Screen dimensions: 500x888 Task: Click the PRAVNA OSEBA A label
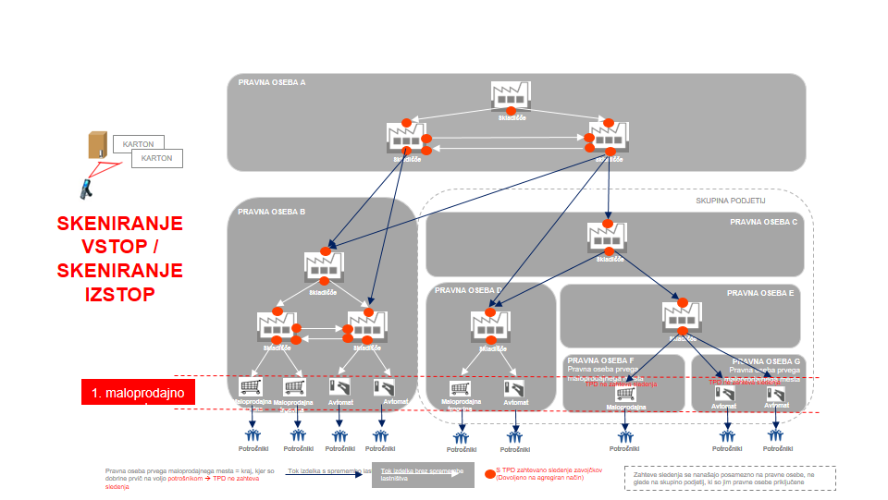(x=272, y=83)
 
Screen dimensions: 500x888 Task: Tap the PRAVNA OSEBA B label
(x=271, y=212)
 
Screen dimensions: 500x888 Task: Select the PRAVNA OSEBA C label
(x=763, y=222)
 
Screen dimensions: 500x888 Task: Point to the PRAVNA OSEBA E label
(x=760, y=293)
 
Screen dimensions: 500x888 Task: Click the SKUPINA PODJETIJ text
(x=731, y=200)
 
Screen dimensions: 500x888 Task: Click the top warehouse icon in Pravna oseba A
(x=509, y=97)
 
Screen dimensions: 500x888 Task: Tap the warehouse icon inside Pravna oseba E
(x=681, y=317)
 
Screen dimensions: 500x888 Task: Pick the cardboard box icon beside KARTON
(x=97, y=145)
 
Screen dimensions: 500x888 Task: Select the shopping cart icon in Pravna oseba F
(x=626, y=393)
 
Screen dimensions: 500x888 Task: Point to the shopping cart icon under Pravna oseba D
(x=460, y=389)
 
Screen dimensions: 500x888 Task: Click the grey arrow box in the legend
(x=421, y=474)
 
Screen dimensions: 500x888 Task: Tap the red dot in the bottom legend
(x=489, y=474)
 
